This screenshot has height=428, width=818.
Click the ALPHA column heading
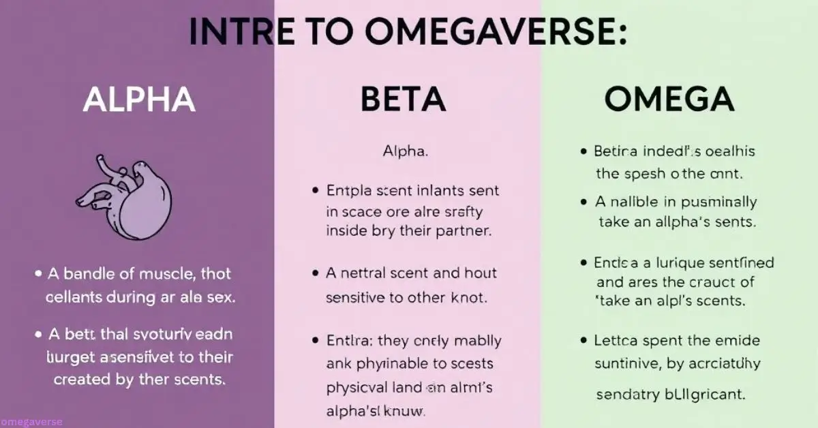(x=139, y=100)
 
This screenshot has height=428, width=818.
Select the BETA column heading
(x=403, y=100)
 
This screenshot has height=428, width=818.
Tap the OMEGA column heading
(x=669, y=100)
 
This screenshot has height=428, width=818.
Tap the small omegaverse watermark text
(x=31, y=422)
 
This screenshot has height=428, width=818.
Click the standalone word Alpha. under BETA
(x=405, y=151)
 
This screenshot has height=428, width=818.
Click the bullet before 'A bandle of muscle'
(x=38, y=274)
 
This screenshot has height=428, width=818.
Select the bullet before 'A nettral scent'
(x=315, y=273)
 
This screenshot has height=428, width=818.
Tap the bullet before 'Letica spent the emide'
(x=584, y=339)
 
